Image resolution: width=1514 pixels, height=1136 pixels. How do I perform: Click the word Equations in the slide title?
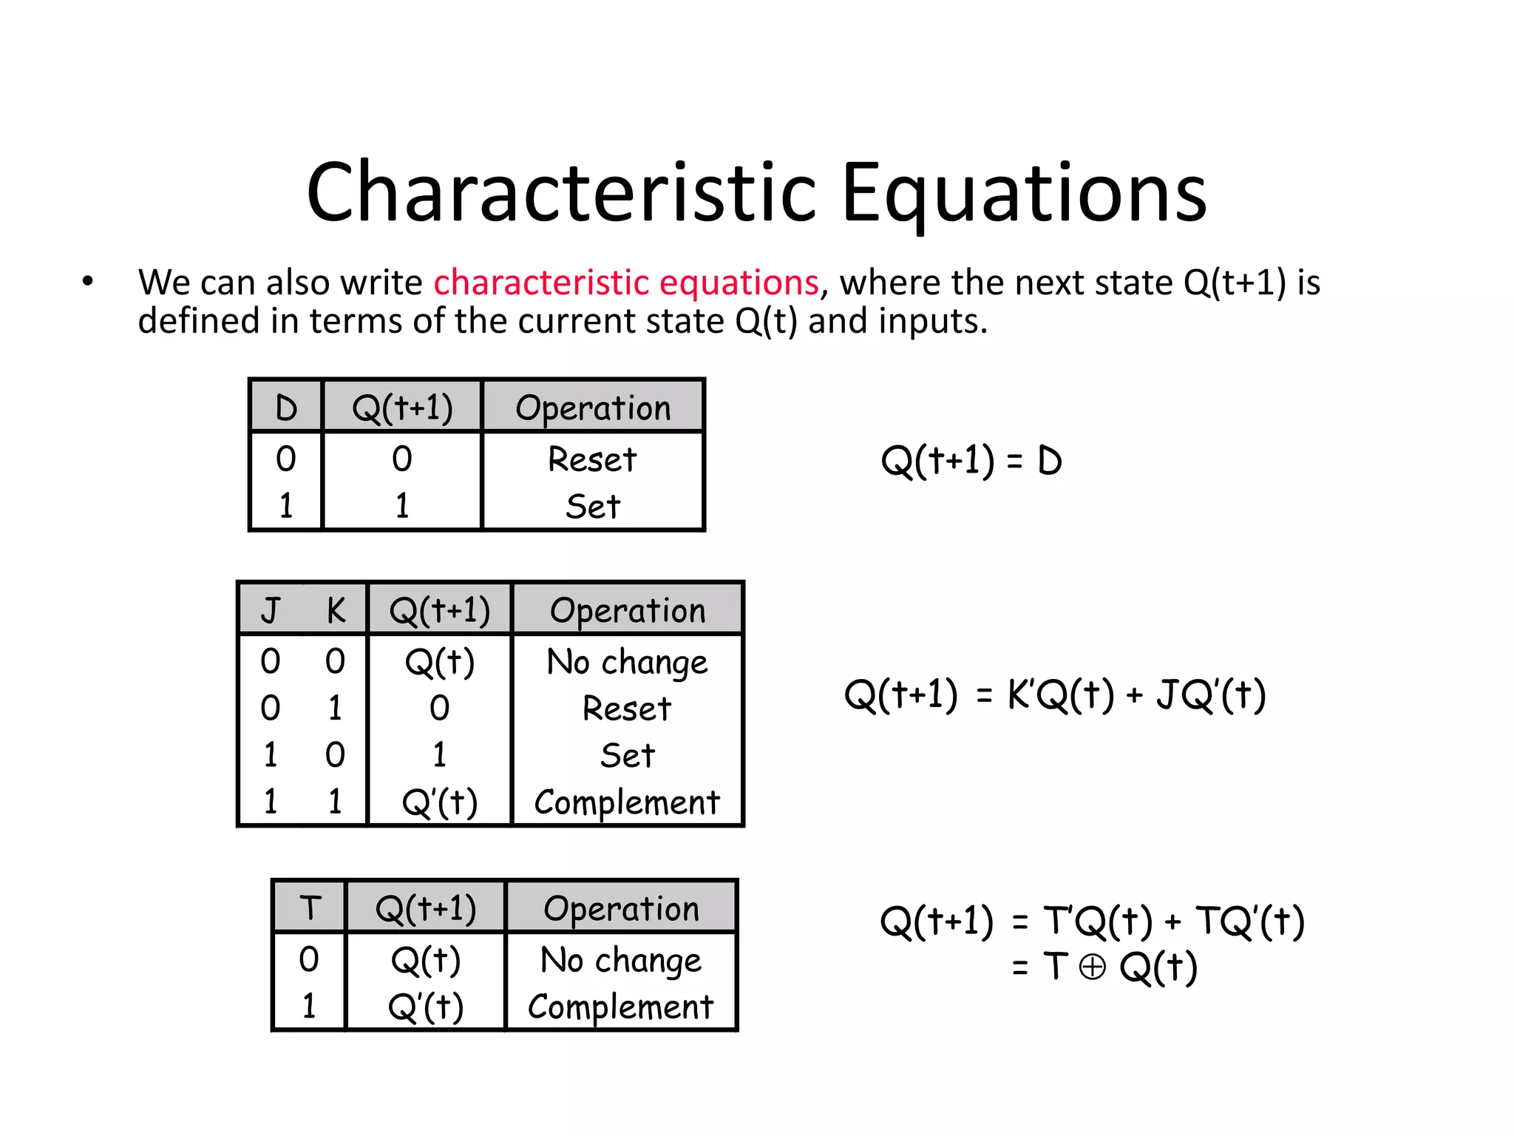(x=1024, y=194)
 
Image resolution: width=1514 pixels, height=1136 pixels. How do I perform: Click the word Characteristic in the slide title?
(x=562, y=194)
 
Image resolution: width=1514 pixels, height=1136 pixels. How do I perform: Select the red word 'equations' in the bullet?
(x=739, y=283)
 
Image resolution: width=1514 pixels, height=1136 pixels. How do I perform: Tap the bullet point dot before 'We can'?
(x=88, y=282)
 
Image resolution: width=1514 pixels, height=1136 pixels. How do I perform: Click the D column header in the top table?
(x=286, y=408)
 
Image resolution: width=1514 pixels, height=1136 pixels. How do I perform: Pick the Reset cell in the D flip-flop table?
(x=592, y=459)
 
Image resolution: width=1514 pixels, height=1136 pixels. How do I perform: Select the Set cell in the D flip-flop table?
(x=592, y=507)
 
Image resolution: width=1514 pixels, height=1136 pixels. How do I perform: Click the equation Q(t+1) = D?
(x=971, y=461)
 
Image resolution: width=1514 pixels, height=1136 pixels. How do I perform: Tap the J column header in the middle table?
(x=271, y=611)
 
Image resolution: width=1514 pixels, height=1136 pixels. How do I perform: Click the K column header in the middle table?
(x=336, y=611)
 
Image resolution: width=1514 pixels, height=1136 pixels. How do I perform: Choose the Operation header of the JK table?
(x=628, y=611)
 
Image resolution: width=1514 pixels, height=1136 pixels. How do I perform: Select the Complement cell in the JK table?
(x=627, y=802)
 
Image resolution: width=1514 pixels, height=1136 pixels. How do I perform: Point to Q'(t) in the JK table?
(x=440, y=802)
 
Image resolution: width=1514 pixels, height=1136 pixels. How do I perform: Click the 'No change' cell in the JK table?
(x=627, y=662)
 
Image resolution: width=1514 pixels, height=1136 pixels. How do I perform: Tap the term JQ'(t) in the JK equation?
(x=1211, y=695)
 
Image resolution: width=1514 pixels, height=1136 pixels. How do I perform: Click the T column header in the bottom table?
(x=310, y=908)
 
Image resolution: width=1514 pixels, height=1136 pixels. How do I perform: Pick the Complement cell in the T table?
(x=621, y=1007)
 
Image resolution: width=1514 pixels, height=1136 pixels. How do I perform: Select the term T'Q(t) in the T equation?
(x=1097, y=922)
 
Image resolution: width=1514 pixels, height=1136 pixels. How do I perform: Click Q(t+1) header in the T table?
(x=426, y=908)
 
